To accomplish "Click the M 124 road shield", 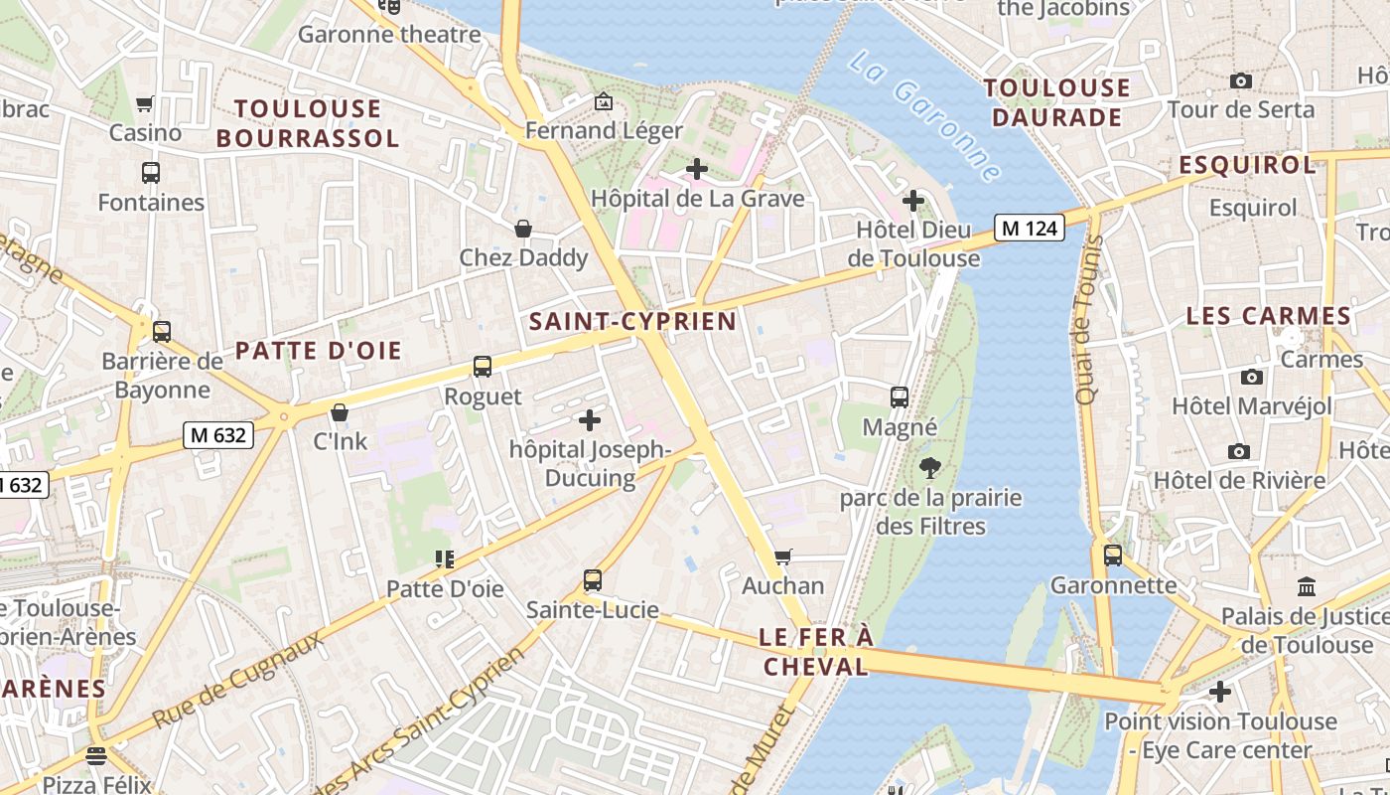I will [1030, 229].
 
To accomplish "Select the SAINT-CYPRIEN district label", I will [632, 321].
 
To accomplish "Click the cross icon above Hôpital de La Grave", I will [697, 169].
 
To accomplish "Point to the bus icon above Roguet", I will [483, 367].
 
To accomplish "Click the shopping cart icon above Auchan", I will [782, 556].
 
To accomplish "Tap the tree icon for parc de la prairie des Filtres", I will [930, 467].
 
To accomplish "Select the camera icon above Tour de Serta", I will [1240, 80].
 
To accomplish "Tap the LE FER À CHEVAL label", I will [815, 652].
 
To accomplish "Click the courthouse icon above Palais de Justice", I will [1307, 586].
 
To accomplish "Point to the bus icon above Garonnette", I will [1112, 555].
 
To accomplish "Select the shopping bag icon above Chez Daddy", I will [523, 229].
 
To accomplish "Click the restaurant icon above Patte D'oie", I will [444, 559].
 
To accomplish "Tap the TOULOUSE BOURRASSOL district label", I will [308, 123].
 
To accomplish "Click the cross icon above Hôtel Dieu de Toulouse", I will [912, 202].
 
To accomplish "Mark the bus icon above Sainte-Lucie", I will [592, 579].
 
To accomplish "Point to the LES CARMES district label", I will [1269, 316].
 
